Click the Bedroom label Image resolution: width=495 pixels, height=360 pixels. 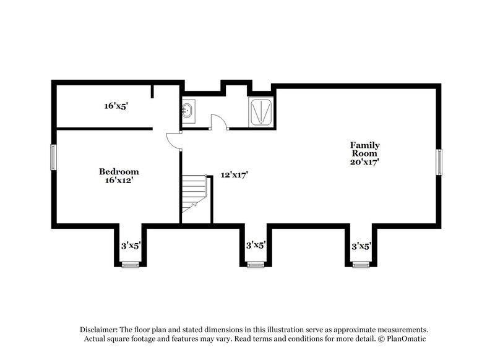tap(119, 171)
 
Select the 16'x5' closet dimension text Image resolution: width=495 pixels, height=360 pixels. tap(116, 106)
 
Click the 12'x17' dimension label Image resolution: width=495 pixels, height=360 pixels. tap(235, 175)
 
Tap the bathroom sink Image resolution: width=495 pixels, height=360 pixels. tap(189, 111)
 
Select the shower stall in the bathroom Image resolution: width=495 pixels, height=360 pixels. tap(261, 111)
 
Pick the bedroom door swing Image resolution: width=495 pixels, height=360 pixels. tap(173, 141)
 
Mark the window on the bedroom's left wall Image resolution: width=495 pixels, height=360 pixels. tap(54, 157)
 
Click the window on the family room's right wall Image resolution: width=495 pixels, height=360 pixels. tap(440, 162)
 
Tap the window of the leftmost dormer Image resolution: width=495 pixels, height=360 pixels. tap(131, 265)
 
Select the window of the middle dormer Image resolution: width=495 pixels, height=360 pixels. tap(256, 265)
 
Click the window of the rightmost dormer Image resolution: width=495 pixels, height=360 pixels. tap(361, 265)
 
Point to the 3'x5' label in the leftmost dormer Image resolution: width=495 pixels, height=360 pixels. tap(131, 246)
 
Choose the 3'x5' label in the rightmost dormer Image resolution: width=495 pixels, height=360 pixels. tap(361, 246)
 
